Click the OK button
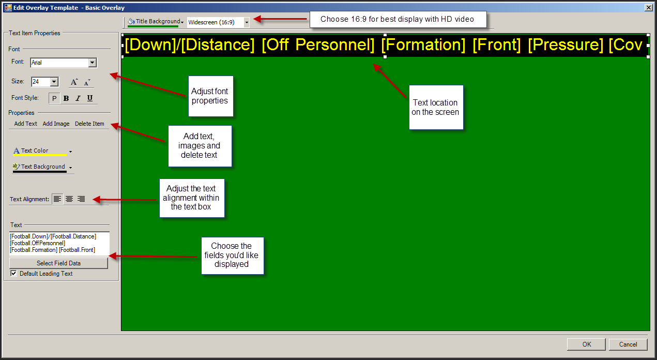click(x=586, y=344)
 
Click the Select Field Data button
click(x=58, y=263)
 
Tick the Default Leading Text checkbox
click(x=13, y=274)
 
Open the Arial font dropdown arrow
click(x=93, y=63)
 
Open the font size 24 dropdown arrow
click(x=54, y=82)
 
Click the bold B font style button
click(x=66, y=98)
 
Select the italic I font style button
click(x=78, y=98)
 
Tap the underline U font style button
click(x=90, y=98)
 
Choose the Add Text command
click(x=25, y=124)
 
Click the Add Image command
click(x=56, y=124)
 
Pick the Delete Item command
click(x=89, y=124)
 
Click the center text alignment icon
click(x=69, y=199)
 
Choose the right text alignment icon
click(x=81, y=199)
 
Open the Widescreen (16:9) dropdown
click(x=247, y=22)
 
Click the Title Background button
click(x=156, y=22)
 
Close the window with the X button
click(x=649, y=8)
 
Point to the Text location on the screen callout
click(x=436, y=108)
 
